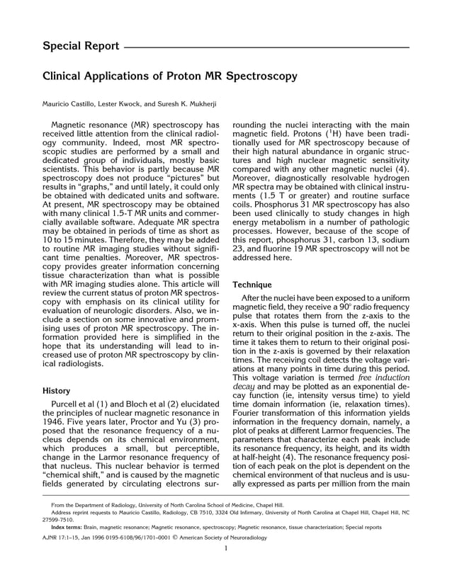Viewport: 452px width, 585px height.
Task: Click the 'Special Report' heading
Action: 81,47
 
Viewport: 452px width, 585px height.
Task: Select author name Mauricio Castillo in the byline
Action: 70,103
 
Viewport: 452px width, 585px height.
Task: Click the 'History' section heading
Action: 56,390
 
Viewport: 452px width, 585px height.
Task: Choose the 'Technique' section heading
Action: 252,284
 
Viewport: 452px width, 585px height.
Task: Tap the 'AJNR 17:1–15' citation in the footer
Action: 61,538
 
